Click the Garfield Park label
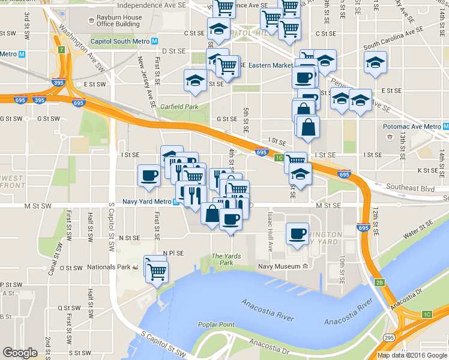pos(183,107)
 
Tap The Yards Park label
pos(226,259)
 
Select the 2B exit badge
pos(379,283)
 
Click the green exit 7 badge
pos(61,49)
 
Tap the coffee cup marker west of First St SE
pos(149,175)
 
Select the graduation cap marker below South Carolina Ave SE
pos(375,62)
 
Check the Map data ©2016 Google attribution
pos(412,355)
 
